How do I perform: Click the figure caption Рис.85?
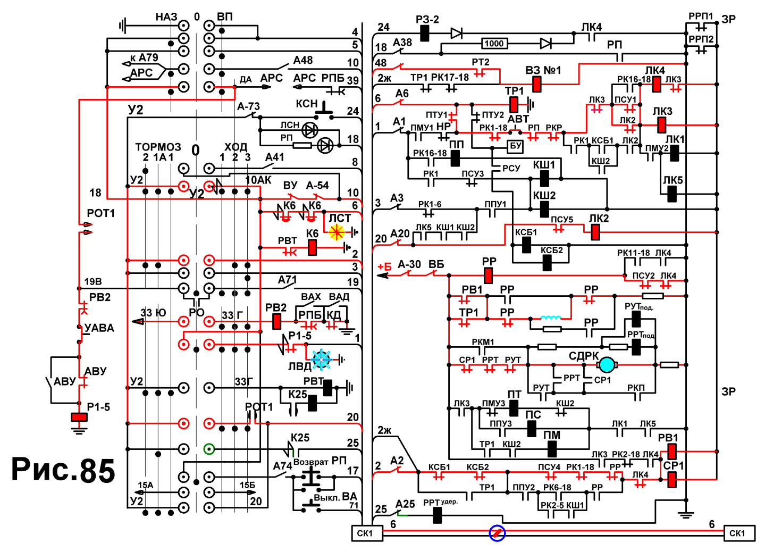(x=63, y=470)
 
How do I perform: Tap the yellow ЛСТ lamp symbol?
(x=337, y=232)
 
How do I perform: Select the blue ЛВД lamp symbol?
(x=322, y=360)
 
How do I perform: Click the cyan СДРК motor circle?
(x=607, y=365)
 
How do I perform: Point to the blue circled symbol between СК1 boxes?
(x=497, y=533)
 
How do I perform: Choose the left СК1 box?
(x=367, y=533)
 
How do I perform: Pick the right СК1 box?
(x=739, y=533)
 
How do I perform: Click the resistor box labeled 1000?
(x=494, y=44)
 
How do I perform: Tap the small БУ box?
(x=515, y=146)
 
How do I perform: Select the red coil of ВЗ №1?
(x=537, y=84)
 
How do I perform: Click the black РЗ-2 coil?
(x=425, y=34)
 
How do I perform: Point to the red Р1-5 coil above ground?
(x=79, y=417)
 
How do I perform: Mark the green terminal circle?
(x=209, y=448)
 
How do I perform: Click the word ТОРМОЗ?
(x=158, y=147)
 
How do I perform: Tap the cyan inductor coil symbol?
(x=551, y=318)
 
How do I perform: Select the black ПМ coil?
(x=552, y=449)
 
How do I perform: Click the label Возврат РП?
(x=320, y=462)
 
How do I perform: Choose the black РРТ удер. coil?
(x=437, y=515)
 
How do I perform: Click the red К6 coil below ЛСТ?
(x=312, y=248)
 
